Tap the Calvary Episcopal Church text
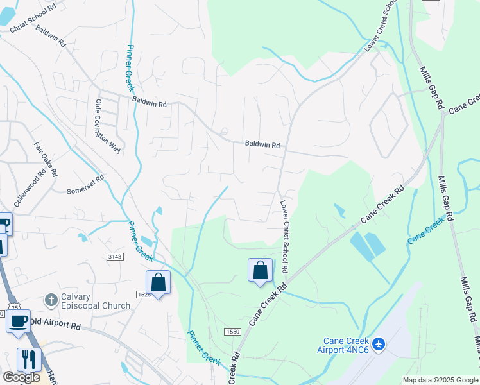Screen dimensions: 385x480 click(x=96, y=301)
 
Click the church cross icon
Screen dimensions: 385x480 click(x=50, y=300)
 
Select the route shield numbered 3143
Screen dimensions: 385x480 click(x=115, y=257)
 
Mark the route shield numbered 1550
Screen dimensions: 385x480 click(x=232, y=331)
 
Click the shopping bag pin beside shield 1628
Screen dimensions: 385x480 click(x=158, y=282)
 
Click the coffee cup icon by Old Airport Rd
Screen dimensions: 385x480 click(x=18, y=321)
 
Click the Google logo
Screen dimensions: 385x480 click(x=21, y=377)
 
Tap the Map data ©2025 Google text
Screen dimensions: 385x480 click(x=440, y=380)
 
